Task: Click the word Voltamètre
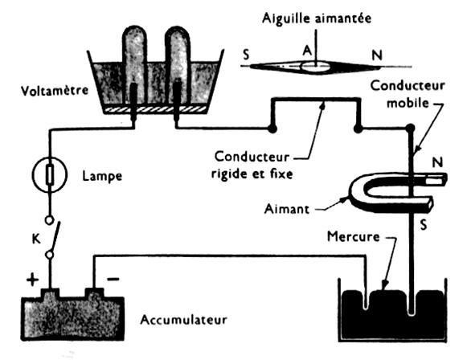point(55,91)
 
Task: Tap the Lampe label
point(102,176)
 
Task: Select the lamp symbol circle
point(50,174)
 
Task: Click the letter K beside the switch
point(36,239)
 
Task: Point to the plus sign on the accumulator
point(33,280)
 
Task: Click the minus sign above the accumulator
point(113,279)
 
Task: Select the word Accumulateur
point(183,320)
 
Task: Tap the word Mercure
point(353,237)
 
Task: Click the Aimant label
point(287,209)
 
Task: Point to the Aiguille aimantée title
point(317,18)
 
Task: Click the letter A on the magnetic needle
point(307,51)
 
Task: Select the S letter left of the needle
point(246,55)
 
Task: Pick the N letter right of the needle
point(377,55)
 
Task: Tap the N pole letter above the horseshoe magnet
point(437,162)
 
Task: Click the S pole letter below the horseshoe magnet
point(424,224)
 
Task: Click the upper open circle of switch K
point(50,220)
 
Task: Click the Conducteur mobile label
point(408,94)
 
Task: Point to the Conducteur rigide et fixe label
point(252,165)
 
